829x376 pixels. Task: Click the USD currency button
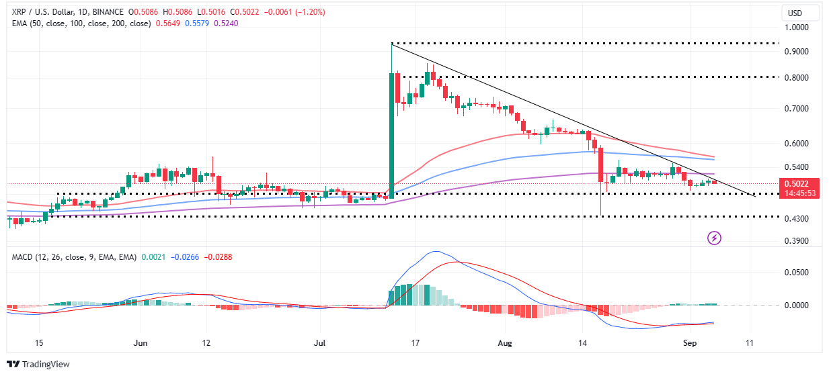click(x=799, y=13)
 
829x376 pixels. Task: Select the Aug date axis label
click(x=505, y=342)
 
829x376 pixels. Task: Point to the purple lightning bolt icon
click(x=715, y=238)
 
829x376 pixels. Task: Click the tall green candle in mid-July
click(x=391, y=134)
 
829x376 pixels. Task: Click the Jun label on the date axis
click(x=141, y=342)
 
